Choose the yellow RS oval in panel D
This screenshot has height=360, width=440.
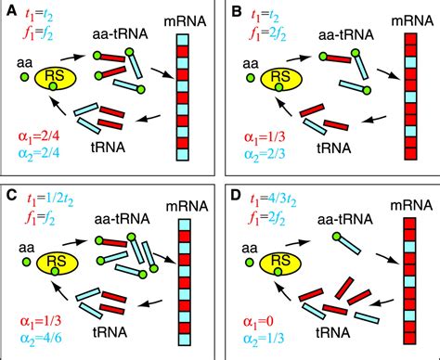point(282,261)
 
